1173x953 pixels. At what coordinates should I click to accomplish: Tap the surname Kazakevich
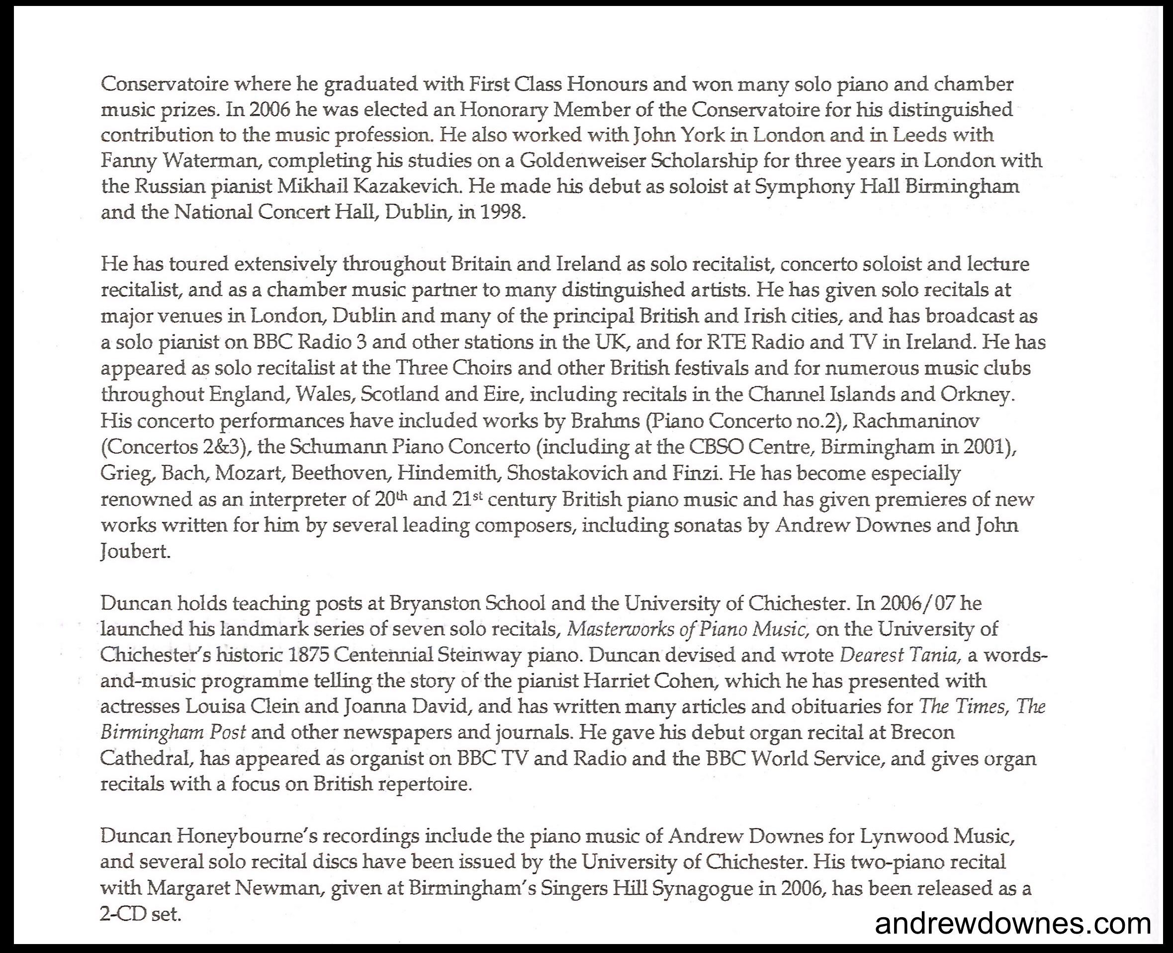(405, 186)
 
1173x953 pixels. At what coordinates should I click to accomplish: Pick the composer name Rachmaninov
(916, 421)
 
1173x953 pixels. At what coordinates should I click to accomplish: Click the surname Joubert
(135, 551)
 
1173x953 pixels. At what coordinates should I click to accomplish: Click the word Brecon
(922, 732)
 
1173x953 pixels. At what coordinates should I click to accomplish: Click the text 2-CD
(121, 914)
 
